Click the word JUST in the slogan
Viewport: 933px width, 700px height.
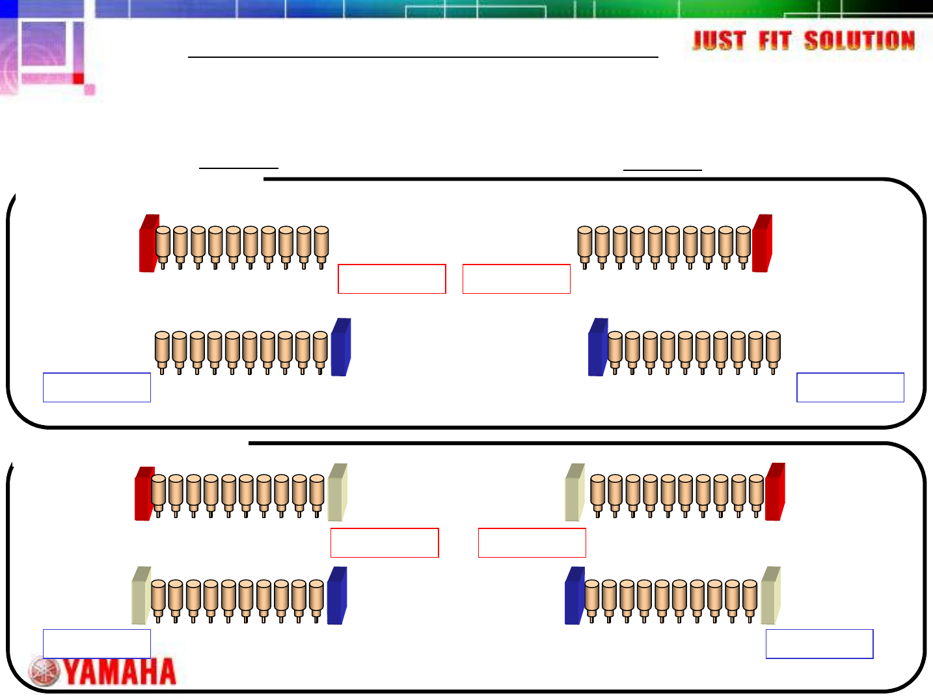pyautogui.click(x=719, y=41)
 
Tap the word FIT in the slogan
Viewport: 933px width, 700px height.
pyautogui.click(x=774, y=41)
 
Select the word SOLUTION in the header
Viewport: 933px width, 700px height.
pyautogui.click(x=859, y=41)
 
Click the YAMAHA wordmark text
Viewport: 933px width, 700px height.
pyautogui.click(x=120, y=672)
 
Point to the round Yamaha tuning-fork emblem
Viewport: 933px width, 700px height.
pyautogui.click(x=44, y=672)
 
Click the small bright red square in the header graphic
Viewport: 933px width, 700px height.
pyautogui.click(x=78, y=79)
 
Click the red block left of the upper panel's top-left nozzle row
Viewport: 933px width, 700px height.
pyautogui.click(x=149, y=243)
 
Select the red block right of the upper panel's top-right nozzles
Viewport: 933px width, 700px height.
pyautogui.click(x=762, y=243)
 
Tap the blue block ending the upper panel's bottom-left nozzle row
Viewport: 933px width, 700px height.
pyautogui.click(x=341, y=347)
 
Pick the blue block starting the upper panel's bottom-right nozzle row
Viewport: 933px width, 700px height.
pyautogui.click(x=598, y=347)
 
